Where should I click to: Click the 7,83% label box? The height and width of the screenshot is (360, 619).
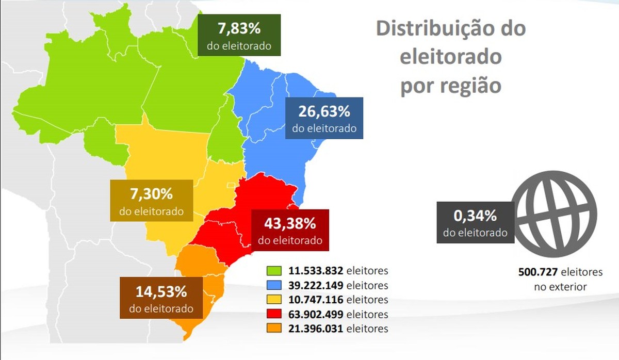(x=239, y=35)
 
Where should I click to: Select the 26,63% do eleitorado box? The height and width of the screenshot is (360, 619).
(x=324, y=118)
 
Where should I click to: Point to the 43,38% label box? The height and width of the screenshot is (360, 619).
(x=290, y=230)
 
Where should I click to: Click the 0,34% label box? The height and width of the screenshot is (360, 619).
(x=475, y=222)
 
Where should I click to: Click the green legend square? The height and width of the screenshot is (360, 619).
(x=273, y=271)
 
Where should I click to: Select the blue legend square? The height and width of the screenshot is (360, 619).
(x=273, y=285)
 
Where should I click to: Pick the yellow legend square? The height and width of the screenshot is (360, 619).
(x=273, y=300)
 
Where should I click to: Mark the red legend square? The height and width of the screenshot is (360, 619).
(x=273, y=314)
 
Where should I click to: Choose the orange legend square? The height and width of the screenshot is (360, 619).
(x=273, y=329)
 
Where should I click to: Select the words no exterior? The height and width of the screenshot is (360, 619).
(x=560, y=287)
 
